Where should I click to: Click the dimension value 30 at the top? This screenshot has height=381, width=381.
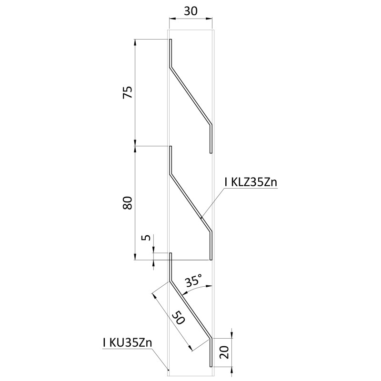190,11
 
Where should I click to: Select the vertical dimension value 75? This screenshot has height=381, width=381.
128,92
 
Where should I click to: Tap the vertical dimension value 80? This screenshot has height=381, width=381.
128,203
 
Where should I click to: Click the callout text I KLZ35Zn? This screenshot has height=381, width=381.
251,182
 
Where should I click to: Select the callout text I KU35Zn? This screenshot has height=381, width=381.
128,343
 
